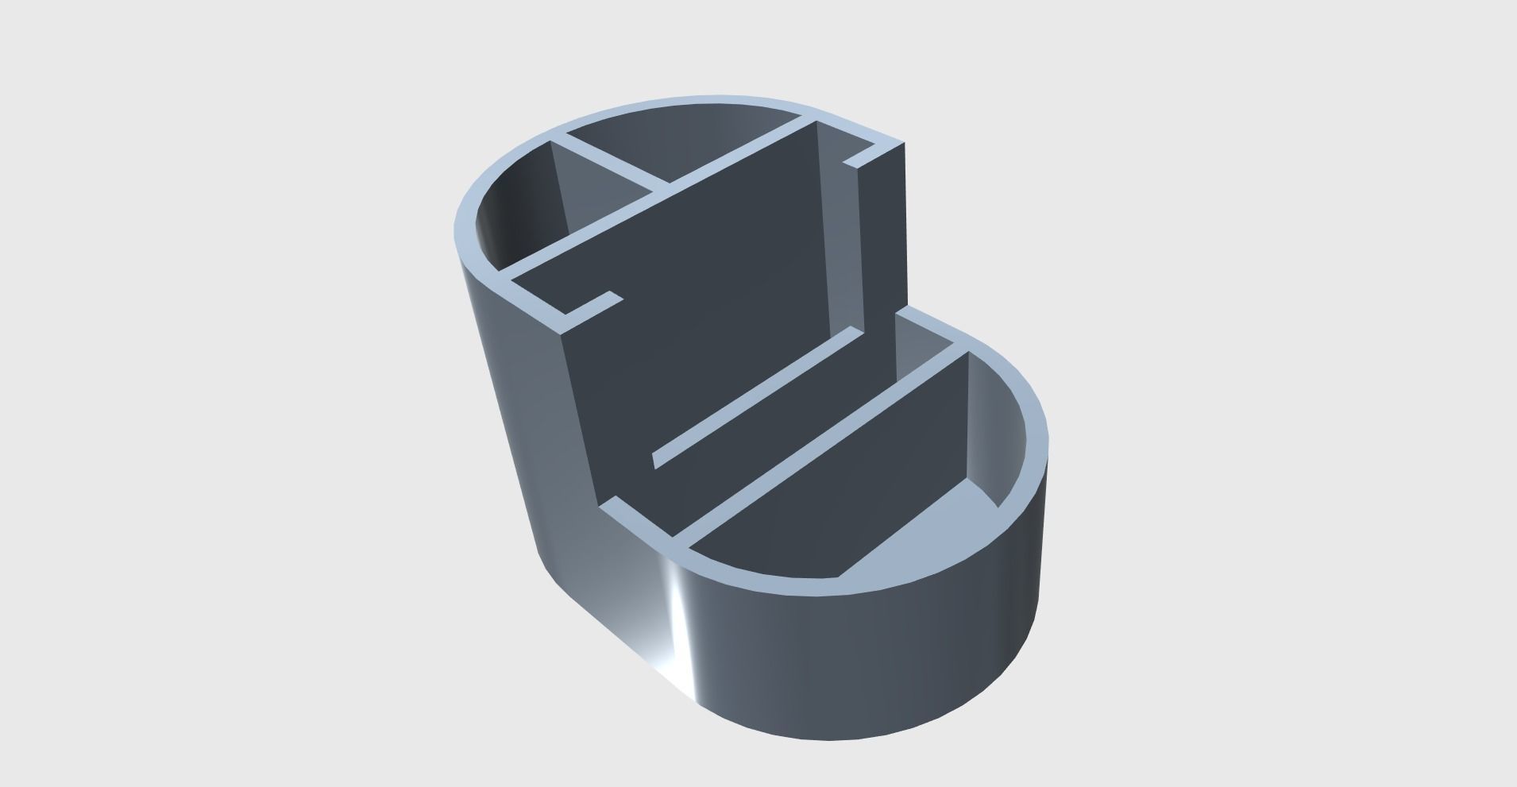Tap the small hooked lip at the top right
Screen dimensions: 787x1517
click(862, 156)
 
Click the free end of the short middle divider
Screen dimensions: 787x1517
click(654, 460)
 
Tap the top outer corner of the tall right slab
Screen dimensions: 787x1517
click(904, 145)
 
